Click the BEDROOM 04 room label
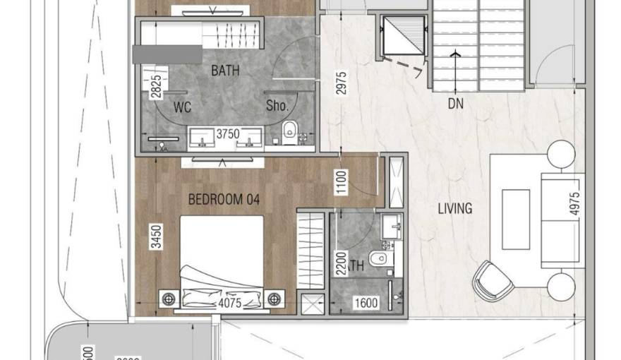coord(224,200)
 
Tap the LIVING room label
coord(454,208)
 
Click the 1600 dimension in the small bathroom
coord(366,304)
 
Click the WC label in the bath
coord(183,107)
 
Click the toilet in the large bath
coord(289,131)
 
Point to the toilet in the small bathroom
coord(380,258)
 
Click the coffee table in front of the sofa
coord(515,219)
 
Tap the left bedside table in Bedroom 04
coord(169,299)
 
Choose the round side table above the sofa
coord(562,154)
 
